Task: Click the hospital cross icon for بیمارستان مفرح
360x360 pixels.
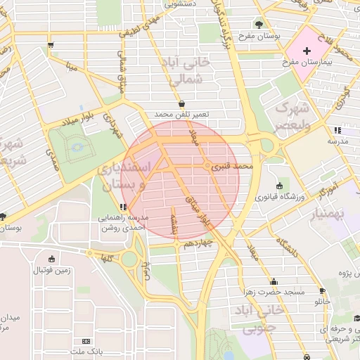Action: pyautogui.click(x=307, y=51)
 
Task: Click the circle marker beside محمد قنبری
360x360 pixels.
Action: pyautogui.click(x=207, y=167)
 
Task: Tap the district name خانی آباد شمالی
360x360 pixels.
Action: pyautogui.click(x=190, y=70)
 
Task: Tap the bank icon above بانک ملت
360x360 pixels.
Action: pyautogui.click(x=86, y=341)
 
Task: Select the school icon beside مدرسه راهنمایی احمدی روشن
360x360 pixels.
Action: pyautogui.click(x=124, y=207)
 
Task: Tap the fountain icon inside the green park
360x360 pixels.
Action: pyautogui.click(x=78, y=146)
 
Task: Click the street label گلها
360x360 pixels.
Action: pyautogui.click(x=107, y=259)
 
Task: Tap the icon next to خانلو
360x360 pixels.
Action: pyautogui.click(x=322, y=291)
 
